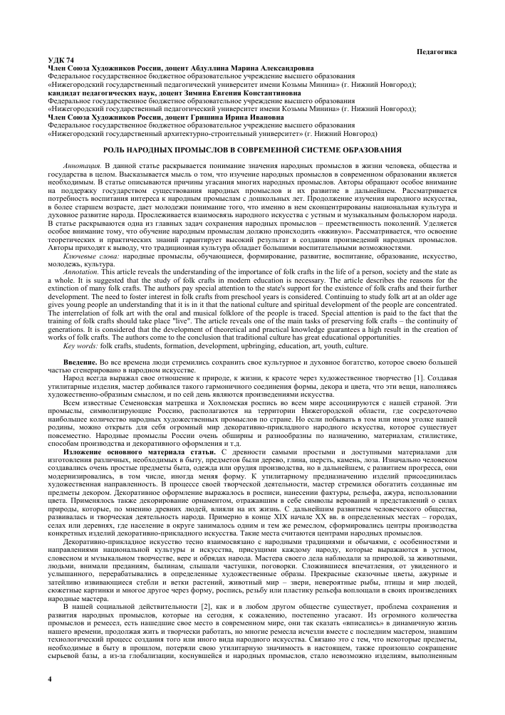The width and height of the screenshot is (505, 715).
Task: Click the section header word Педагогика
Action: pos(435,52)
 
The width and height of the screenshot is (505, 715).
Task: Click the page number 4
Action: pos(48,682)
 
